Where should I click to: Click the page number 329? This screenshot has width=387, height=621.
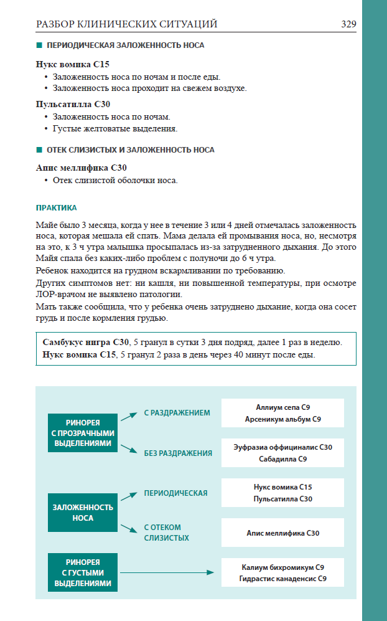(348, 24)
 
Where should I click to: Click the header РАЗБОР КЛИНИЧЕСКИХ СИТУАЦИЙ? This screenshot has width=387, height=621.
(127, 24)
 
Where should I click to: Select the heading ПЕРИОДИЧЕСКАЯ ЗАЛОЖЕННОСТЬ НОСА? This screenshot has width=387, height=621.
(125, 45)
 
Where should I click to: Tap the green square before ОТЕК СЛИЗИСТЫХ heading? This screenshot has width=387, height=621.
(39, 150)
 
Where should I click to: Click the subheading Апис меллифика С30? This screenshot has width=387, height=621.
(82, 168)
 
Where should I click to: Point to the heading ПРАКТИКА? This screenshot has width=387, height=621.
(56, 207)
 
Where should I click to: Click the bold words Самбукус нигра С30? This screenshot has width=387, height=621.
(86, 343)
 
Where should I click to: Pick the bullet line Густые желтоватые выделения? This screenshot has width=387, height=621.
(115, 128)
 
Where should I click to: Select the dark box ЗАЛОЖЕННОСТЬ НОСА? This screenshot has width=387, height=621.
(83, 513)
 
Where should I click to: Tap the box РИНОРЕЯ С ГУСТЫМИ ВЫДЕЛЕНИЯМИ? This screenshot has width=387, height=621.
(83, 572)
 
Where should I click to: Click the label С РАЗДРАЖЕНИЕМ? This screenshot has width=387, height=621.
(177, 413)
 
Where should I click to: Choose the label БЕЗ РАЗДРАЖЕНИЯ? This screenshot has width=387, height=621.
(178, 453)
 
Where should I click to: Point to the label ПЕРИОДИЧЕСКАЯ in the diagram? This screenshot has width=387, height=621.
(175, 493)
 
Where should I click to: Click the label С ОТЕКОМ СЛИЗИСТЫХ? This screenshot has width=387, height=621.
(167, 533)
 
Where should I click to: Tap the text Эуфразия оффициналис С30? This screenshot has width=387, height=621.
(283, 447)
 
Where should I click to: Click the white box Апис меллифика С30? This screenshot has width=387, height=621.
(283, 533)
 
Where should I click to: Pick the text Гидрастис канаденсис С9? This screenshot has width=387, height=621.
(283, 579)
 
